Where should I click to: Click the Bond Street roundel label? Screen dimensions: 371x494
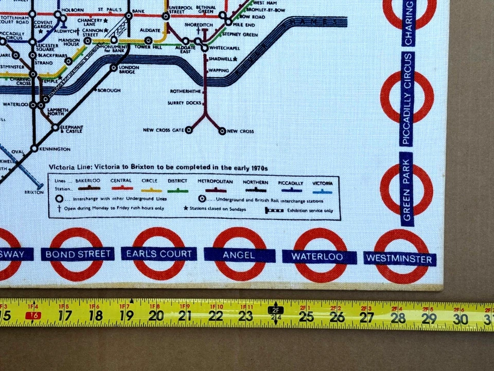78,254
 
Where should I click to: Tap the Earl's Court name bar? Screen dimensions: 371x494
159,254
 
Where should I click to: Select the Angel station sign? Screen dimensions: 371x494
239,255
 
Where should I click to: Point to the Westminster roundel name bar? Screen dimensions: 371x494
399,259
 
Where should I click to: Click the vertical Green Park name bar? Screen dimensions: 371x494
408,189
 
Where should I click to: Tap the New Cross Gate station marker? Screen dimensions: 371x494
189,130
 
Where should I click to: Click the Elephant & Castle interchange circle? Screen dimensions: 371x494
55,127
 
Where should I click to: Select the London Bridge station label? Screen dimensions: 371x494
128,70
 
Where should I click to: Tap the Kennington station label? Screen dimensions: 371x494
55,149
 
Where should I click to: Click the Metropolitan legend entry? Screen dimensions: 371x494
215,182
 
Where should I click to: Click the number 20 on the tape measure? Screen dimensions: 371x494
156,316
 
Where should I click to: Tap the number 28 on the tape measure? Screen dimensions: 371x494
398,317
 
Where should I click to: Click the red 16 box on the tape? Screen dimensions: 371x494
35,315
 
